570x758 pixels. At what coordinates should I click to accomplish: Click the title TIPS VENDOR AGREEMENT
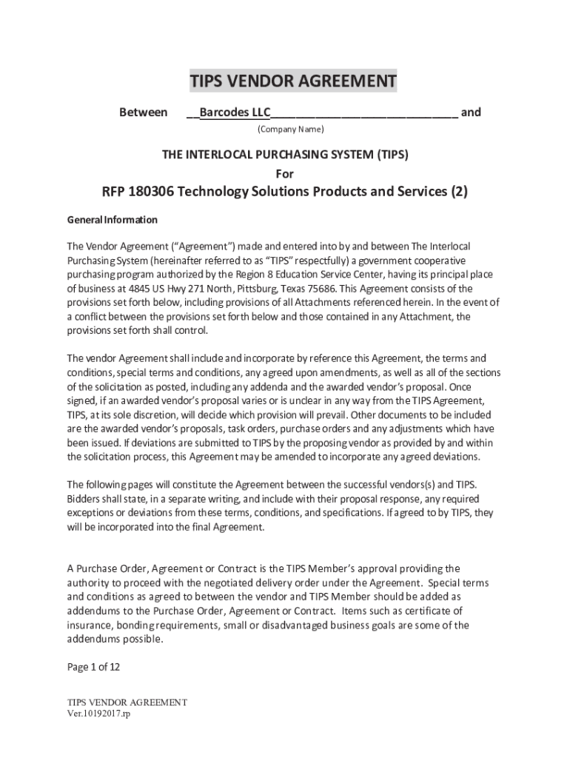click(293, 81)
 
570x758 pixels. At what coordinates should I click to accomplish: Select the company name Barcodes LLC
click(235, 113)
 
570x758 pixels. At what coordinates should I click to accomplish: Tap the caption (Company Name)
click(290, 130)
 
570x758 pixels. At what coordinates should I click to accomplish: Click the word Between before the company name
click(144, 113)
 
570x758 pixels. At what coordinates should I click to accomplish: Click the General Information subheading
click(113, 220)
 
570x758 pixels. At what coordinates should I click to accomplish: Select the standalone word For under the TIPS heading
click(285, 174)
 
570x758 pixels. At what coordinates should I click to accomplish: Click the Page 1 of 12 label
click(93, 667)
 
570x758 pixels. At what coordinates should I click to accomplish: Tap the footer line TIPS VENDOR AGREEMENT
click(127, 702)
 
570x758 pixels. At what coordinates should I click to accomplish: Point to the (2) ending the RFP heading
click(459, 192)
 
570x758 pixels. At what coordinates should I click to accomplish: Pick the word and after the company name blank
click(471, 113)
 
